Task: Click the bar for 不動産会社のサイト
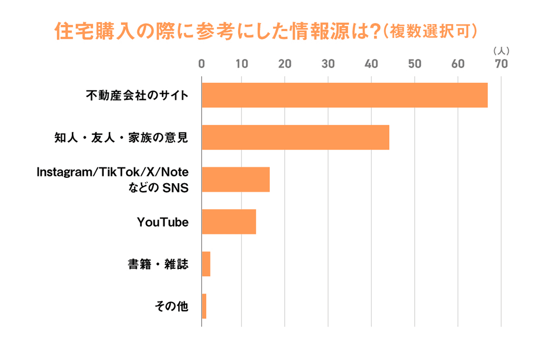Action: click(x=345, y=95)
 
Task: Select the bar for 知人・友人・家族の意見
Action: click(x=295, y=137)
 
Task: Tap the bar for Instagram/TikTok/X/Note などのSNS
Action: click(x=236, y=180)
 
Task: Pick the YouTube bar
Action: click(x=229, y=222)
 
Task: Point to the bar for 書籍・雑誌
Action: click(x=206, y=264)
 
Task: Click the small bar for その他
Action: click(x=204, y=306)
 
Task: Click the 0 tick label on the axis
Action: click(x=201, y=64)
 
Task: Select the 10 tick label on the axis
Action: click(x=242, y=64)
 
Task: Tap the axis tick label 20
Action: click(x=285, y=64)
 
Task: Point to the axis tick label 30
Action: click(x=328, y=64)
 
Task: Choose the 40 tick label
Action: click(x=371, y=64)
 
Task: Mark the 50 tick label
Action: click(x=414, y=64)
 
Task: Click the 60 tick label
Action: click(x=458, y=64)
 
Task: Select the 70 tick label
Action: click(x=501, y=64)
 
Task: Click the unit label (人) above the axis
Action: click(x=501, y=51)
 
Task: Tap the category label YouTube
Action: click(x=163, y=222)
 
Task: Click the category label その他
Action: click(x=171, y=306)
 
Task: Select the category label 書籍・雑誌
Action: click(x=158, y=264)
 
